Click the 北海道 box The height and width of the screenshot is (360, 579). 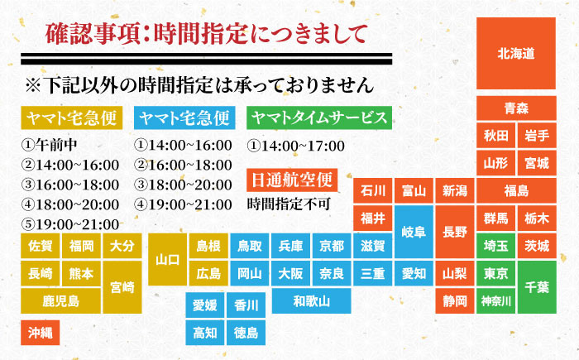coord(515,53)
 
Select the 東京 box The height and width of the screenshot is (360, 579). coord(496,273)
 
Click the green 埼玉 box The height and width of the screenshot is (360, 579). coord(496,246)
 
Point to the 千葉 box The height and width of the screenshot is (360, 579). coord(536,286)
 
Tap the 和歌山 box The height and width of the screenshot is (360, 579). coord(311,300)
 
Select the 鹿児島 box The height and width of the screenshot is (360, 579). coord(62,300)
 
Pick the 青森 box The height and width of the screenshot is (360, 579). coord(516,108)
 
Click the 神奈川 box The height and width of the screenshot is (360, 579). coord(496,300)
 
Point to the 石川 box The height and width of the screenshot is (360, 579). coord(373,191)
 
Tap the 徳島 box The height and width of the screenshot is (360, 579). coord(246,333)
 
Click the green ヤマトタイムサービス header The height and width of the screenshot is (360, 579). coord(318,118)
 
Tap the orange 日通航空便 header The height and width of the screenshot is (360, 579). coord(293,178)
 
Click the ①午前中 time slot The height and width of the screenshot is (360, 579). coord(48,144)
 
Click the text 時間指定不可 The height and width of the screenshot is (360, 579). coord(289,202)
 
